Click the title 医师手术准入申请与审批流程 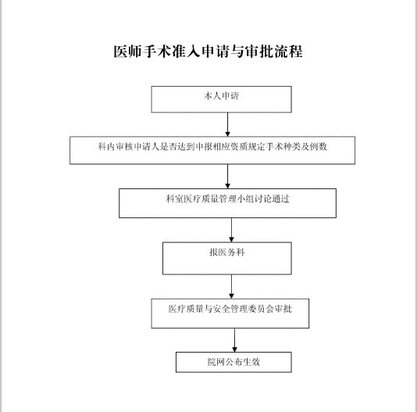tap(208, 52)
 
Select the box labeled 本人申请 tap(221, 99)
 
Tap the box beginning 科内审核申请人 tap(212, 150)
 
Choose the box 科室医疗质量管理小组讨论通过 tap(227, 203)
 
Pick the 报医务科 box tap(226, 258)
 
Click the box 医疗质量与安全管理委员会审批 tap(230, 313)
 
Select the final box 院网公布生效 tap(233, 362)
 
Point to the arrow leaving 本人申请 tap(227, 124)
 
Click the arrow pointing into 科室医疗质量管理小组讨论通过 tap(227, 177)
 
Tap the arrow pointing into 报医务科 tap(231, 230)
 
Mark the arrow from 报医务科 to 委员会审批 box tap(231, 287)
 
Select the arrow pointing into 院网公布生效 tap(234, 340)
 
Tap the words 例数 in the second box tap(318, 146)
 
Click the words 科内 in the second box tap(106, 146)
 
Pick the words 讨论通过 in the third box tap(272, 199)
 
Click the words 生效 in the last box tap(251, 362)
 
